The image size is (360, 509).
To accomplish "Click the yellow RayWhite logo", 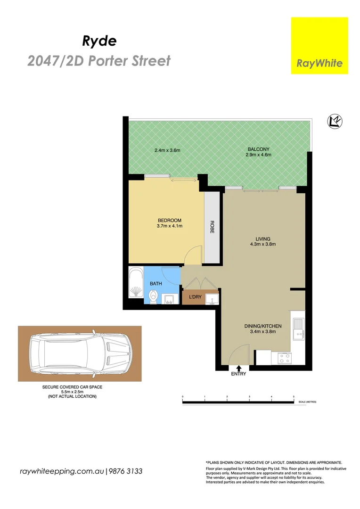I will [319, 46].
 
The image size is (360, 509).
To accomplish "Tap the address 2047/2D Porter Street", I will [99, 61].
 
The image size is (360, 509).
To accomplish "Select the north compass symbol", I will [335, 122].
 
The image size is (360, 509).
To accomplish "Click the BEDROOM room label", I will [169, 221].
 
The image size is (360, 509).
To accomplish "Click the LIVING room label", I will [262, 238].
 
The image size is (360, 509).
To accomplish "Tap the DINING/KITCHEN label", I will [262, 326].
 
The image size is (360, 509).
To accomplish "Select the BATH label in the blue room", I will [156, 284].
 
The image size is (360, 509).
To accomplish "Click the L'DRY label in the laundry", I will [195, 297].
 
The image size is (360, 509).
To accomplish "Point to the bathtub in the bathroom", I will [135, 284].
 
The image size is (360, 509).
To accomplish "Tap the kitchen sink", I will [298, 328].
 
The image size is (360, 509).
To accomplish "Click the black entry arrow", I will [239, 369].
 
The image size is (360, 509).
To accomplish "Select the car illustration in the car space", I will [79, 353].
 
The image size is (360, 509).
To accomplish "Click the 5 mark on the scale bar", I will [294, 397].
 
